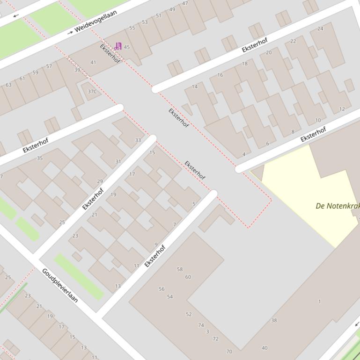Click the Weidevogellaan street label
coord(96,22)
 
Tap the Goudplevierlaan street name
coord(60,285)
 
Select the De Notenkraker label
coord(338,206)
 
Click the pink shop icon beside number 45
coord(118,46)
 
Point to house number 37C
coord(92,91)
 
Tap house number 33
coord(138,140)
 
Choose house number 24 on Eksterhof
coord(320,29)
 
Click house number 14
coord(195,86)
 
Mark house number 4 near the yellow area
coord(244,154)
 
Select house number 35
coord(40,158)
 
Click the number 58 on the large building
coord(180,269)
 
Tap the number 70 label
coord(229,352)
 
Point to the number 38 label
coord(274,321)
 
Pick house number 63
coord(8,85)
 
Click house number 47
coord(185,3)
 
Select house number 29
coord(100,181)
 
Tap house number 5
coord(194,204)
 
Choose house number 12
coord(342,109)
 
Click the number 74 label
coord(201,325)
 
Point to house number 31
coord(118,162)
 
